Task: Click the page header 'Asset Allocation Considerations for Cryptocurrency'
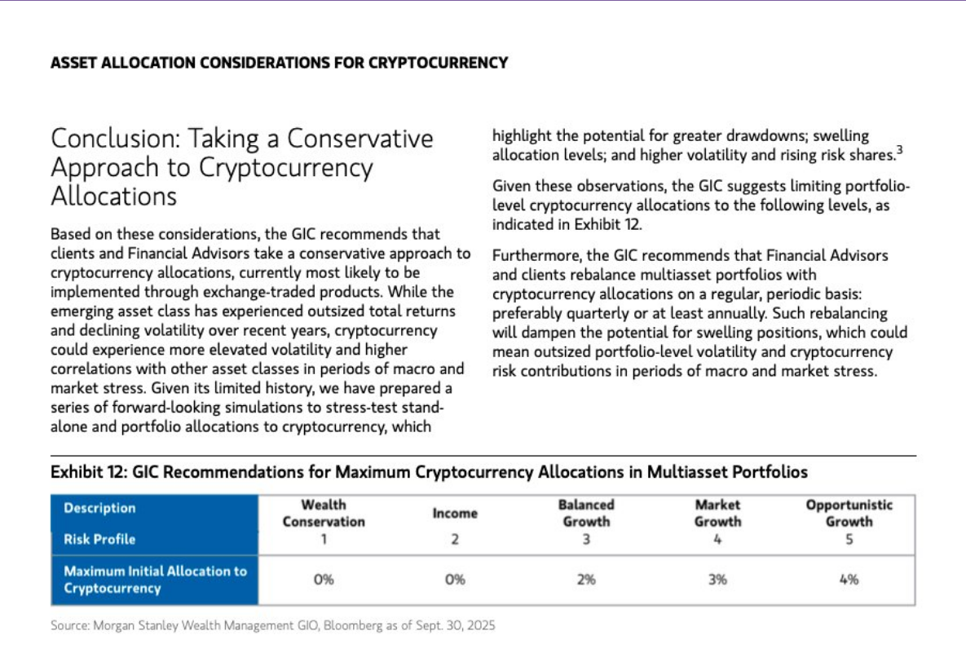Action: [x=279, y=63]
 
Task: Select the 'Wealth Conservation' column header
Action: [x=324, y=514]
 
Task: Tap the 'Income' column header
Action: [x=455, y=514]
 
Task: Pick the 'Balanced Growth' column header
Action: [x=586, y=514]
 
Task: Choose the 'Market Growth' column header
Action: [x=717, y=514]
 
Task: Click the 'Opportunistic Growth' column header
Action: [x=849, y=514]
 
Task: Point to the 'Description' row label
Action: [x=99, y=508]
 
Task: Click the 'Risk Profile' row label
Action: [x=99, y=539]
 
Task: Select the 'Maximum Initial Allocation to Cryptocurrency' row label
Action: [x=155, y=580]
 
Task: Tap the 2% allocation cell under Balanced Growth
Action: [x=586, y=580]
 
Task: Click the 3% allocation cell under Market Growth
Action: [x=717, y=580]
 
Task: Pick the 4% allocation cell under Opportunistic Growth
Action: [x=849, y=580]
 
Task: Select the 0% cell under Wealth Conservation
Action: [x=324, y=580]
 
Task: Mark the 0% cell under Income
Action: [x=455, y=580]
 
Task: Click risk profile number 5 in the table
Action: [x=849, y=539]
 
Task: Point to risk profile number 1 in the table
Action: [x=324, y=539]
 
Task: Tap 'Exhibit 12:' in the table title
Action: [x=88, y=472]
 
